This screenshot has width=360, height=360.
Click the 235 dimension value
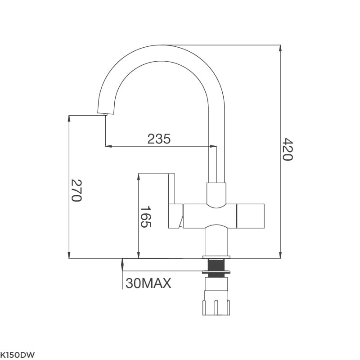pyautogui.click(x=159, y=139)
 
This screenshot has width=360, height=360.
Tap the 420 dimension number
pyautogui.click(x=288, y=149)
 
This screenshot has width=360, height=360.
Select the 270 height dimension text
pyautogui.click(x=76, y=190)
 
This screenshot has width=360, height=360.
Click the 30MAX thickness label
pyautogui.click(x=148, y=283)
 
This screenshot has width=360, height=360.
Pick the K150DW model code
pyautogui.click(x=18, y=354)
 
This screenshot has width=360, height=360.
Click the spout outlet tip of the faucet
pyautogui.click(x=105, y=114)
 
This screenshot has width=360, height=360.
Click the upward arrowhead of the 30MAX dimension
pyautogui.click(x=122, y=261)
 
